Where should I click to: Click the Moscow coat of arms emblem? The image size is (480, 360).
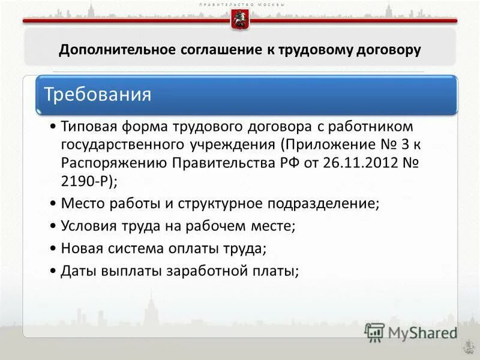[239, 20]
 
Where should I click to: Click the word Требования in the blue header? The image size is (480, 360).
[98, 95]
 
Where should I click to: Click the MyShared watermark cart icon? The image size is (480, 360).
[374, 332]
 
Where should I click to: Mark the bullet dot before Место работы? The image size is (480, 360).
[53, 203]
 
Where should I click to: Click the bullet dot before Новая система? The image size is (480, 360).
[53, 248]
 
